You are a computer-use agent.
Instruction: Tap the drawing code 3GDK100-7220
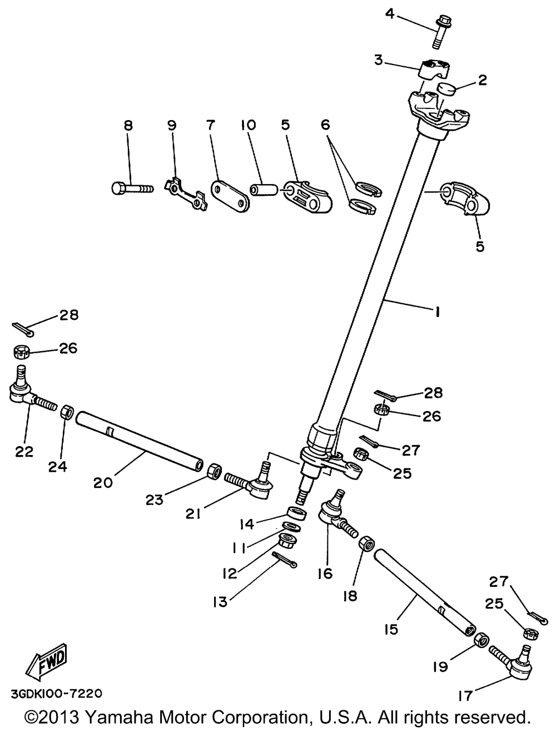[56, 694]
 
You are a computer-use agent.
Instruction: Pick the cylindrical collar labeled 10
[264, 190]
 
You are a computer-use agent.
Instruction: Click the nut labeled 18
[368, 543]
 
